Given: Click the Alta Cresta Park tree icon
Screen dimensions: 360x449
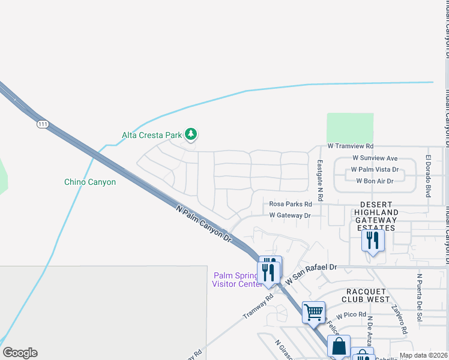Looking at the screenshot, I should click(191, 134).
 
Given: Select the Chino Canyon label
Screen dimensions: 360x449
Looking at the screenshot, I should click(90, 182).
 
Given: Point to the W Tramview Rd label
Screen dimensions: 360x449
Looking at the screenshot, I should click(351, 146).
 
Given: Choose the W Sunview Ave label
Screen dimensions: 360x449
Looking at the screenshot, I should click(375, 158).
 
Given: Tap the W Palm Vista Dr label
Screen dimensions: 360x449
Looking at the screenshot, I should click(375, 169).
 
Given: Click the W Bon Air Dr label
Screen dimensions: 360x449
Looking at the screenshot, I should click(375, 181).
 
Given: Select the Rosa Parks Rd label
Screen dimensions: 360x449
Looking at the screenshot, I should click(291, 204).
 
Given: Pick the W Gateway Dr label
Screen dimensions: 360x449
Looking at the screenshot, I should click(290, 215).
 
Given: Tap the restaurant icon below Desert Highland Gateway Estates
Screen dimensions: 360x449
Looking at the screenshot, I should click(373, 241).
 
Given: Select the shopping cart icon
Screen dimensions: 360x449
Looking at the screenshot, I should click(313, 312).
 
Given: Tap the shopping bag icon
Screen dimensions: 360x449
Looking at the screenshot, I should click(339, 346).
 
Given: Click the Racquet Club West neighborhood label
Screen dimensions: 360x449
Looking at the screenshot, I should click(366, 295).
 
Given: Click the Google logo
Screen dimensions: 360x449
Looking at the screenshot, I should click(20, 353).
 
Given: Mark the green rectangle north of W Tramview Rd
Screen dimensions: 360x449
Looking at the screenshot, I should click(350, 128).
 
